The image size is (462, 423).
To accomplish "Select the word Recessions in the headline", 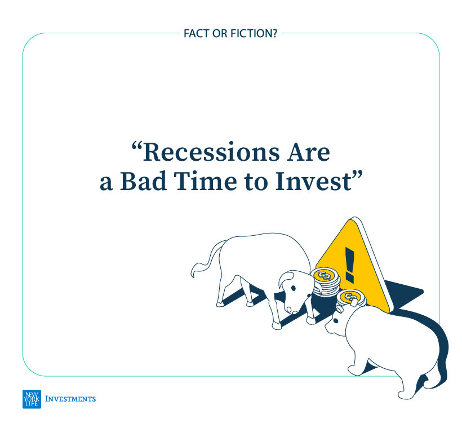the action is [211, 152].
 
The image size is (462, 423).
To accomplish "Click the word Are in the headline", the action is [309, 152].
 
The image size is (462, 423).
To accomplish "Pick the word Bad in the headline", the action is [143, 181].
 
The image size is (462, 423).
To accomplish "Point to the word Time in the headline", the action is [206, 181].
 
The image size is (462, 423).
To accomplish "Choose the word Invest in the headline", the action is [313, 181].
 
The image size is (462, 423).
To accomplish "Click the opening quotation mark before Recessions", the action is [137, 146].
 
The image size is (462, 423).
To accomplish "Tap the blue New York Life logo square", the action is [32, 399].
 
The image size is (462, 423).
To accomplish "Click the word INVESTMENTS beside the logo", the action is [70, 399].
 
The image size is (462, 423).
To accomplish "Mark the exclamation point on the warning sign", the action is [350, 265].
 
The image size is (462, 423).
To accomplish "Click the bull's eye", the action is [293, 288].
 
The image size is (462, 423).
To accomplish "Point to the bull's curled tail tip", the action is [193, 273].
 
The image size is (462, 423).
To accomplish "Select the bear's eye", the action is [337, 320].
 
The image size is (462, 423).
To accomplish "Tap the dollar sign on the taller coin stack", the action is [325, 276].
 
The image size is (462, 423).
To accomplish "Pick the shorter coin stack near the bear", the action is [351, 298].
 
